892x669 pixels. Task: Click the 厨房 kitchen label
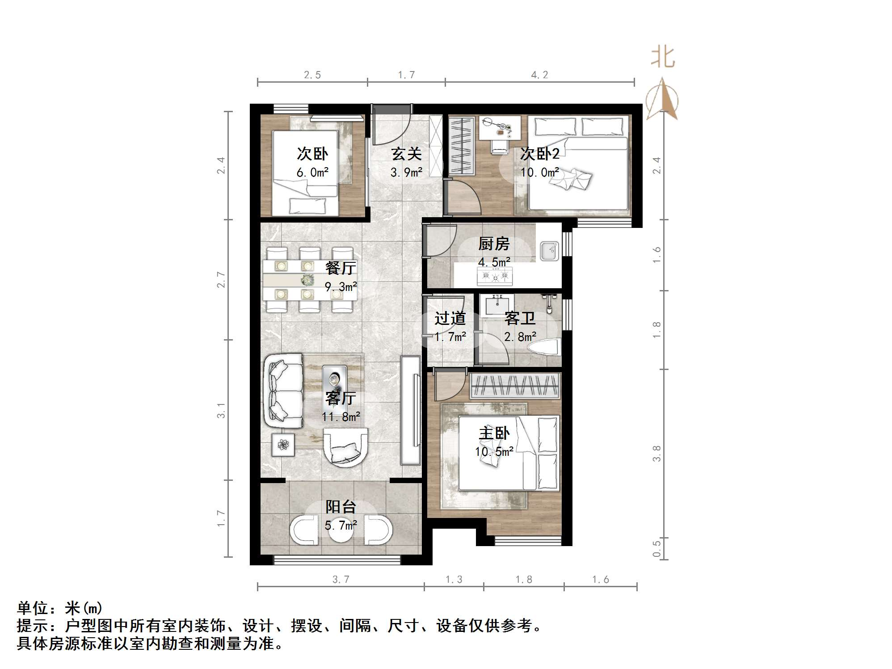(493, 244)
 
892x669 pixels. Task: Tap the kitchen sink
(549, 251)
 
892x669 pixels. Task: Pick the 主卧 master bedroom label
(494, 433)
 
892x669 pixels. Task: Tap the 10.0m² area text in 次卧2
(539, 173)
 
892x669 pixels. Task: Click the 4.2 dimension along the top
(539, 75)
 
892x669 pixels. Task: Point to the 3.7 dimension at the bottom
(341, 580)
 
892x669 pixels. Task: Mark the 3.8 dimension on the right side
(656, 453)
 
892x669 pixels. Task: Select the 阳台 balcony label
(341, 507)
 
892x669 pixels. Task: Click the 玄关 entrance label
(406, 154)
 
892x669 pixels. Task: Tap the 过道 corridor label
(450, 319)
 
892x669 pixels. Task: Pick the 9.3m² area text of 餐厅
(341, 287)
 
